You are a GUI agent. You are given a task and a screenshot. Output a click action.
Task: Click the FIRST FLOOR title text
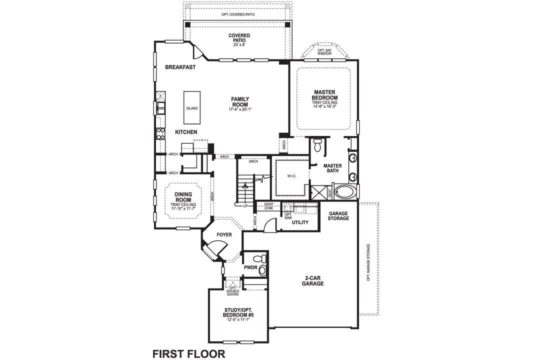tap(188, 354)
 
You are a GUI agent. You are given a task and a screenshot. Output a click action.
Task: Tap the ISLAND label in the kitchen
tap(191, 108)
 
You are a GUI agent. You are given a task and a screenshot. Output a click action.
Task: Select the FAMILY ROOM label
tap(240, 102)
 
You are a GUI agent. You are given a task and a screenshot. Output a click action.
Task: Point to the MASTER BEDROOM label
tap(325, 95)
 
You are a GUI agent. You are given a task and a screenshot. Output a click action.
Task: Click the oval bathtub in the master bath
tap(345, 191)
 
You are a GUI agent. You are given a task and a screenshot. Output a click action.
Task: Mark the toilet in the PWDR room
tap(258, 259)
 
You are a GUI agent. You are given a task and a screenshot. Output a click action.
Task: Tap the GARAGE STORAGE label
tap(338, 216)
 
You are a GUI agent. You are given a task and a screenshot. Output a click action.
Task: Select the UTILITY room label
tap(300, 222)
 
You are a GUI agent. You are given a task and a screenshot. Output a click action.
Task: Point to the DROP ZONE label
tap(268, 206)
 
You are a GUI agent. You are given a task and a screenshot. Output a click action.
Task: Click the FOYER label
tap(224, 235)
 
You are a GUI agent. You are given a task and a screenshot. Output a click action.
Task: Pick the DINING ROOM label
tap(183, 197)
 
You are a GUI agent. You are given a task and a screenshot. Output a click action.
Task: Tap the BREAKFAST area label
tap(180, 67)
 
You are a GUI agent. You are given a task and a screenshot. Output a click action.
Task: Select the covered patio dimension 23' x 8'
tap(239, 44)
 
